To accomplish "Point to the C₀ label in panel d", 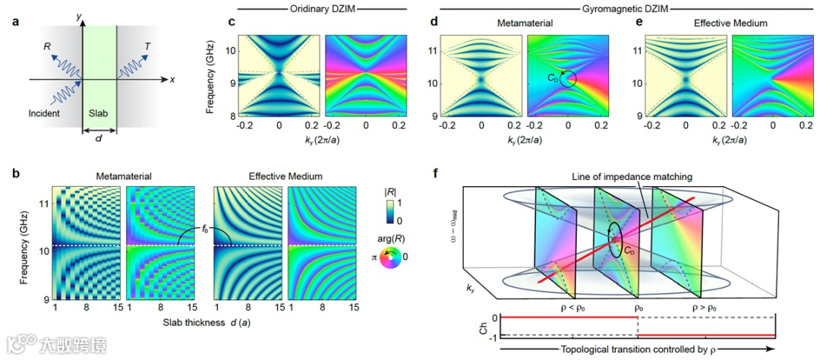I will [553, 76].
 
